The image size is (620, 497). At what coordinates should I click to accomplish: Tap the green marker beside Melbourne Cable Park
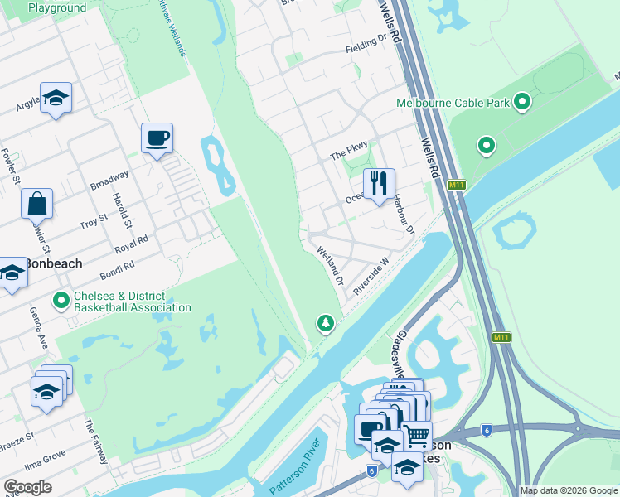[x=522, y=103]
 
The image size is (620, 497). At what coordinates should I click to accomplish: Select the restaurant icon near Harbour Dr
[x=379, y=183]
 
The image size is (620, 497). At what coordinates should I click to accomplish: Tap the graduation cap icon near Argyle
[x=56, y=98]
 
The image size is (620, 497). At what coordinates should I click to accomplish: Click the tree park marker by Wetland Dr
[x=326, y=323]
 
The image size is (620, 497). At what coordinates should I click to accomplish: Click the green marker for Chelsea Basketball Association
[x=61, y=300]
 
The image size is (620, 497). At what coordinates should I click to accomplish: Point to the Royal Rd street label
[x=131, y=242]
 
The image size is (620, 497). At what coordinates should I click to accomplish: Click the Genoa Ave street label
[x=42, y=326]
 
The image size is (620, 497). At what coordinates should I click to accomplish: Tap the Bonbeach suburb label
[x=53, y=263]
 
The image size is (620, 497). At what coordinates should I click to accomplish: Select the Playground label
[x=56, y=8]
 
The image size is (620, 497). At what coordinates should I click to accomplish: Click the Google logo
[x=27, y=487]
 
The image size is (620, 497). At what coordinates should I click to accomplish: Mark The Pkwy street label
[x=348, y=155]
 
